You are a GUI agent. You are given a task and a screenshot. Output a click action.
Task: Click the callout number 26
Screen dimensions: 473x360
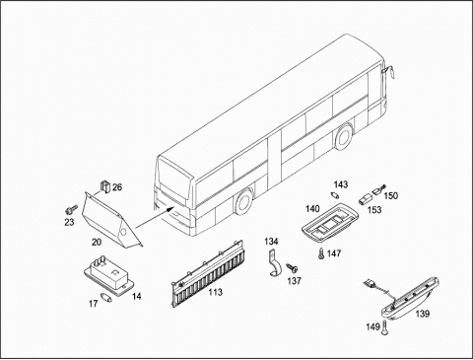click(x=117, y=187)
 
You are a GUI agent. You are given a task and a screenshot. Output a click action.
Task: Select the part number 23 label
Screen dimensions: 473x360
click(x=69, y=222)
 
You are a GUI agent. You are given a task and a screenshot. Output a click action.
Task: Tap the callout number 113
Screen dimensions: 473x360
click(x=216, y=292)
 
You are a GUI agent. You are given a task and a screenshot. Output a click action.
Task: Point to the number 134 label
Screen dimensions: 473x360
click(x=271, y=242)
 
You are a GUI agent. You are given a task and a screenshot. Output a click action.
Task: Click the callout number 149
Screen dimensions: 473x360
click(x=372, y=326)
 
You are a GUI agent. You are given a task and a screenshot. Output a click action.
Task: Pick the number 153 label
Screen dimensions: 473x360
click(x=374, y=210)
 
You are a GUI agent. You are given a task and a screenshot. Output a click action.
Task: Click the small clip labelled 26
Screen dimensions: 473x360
click(x=105, y=186)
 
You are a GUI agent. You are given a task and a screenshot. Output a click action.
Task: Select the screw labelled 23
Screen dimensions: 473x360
click(x=71, y=209)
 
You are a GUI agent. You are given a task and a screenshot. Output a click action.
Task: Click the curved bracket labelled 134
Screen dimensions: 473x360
click(x=274, y=263)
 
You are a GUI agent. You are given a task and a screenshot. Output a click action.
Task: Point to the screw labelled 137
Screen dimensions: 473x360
click(x=292, y=268)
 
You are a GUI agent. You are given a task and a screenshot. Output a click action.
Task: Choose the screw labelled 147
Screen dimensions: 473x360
click(x=321, y=253)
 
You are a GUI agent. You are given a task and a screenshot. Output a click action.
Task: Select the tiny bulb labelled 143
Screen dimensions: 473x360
click(x=335, y=195)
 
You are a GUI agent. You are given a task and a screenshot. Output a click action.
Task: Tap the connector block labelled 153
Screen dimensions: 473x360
click(x=364, y=199)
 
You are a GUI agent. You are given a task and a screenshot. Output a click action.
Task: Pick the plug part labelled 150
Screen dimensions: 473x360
click(x=379, y=189)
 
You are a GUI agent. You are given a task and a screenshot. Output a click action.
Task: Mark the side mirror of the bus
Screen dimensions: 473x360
click(x=390, y=71)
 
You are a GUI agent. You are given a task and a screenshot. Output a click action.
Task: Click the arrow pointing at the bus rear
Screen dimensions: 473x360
click(x=155, y=217)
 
